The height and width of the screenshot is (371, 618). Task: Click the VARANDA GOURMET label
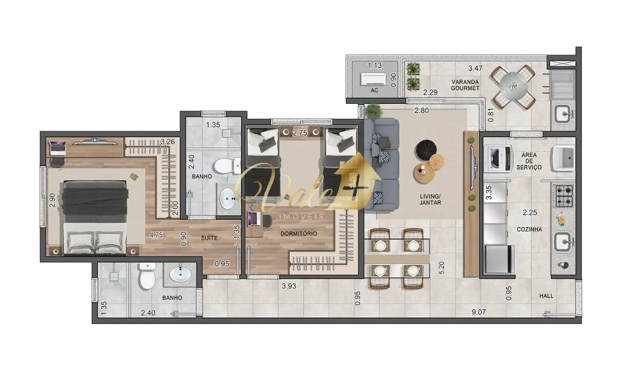tap(464, 84)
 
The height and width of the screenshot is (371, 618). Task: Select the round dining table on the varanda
tap(513, 87)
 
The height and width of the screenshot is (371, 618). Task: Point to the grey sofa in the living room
tap(381, 163)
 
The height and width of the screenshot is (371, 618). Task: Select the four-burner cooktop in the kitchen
tap(564, 195)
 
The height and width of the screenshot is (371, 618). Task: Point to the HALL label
tap(547, 296)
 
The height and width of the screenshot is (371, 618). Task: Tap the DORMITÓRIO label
tap(298, 233)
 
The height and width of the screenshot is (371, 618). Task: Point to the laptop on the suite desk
tap(58, 147)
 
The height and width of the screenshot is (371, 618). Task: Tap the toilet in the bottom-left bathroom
tap(147, 277)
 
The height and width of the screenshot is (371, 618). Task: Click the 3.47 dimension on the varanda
tap(475, 68)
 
